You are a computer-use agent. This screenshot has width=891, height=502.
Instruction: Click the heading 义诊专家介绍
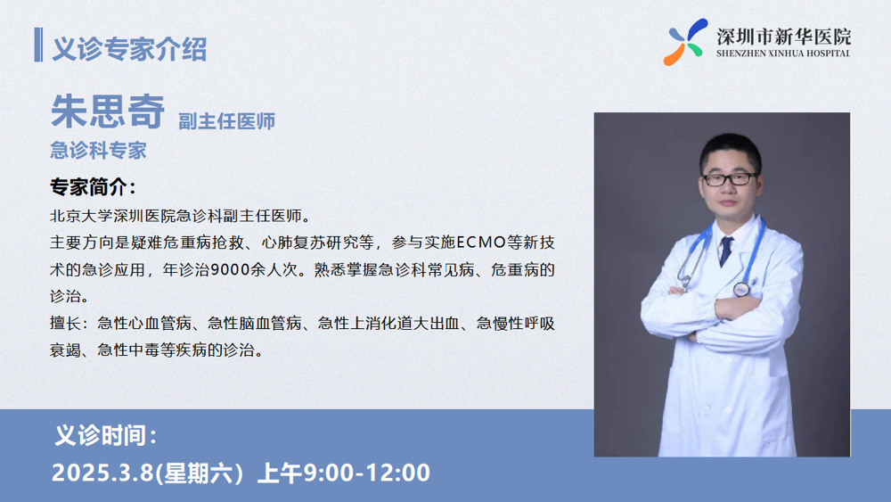click(x=129, y=49)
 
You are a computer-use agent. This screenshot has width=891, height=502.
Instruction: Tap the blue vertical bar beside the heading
click(x=38, y=45)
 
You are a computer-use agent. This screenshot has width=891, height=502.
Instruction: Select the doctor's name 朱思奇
click(x=108, y=111)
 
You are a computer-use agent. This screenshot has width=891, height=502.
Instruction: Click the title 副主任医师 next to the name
click(x=226, y=121)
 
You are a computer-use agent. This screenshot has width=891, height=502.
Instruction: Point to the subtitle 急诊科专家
click(x=98, y=150)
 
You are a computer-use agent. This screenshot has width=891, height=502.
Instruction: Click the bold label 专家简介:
click(x=94, y=186)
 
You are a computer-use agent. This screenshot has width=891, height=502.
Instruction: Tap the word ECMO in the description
click(x=481, y=243)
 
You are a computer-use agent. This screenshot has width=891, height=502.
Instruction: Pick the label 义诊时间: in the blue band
click(x=106, y=435)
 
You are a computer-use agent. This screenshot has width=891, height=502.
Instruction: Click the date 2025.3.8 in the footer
click(x=102, y=473)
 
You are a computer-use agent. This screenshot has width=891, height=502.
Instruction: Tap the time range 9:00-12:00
click(x=366, y=473)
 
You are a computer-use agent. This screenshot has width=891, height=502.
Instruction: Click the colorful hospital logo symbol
click(x=685, y=42)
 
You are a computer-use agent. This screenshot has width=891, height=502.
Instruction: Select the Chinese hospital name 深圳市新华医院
click(x=783, y=37)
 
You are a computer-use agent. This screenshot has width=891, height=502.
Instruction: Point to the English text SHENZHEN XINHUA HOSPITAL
click(x=783, y=53)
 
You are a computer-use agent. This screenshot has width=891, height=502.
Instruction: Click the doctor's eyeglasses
click(x=730, y=179)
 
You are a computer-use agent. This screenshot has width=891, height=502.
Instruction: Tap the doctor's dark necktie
click(x=725, y=251)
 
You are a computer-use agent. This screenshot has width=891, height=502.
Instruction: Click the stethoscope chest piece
click(x=740, y=290)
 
